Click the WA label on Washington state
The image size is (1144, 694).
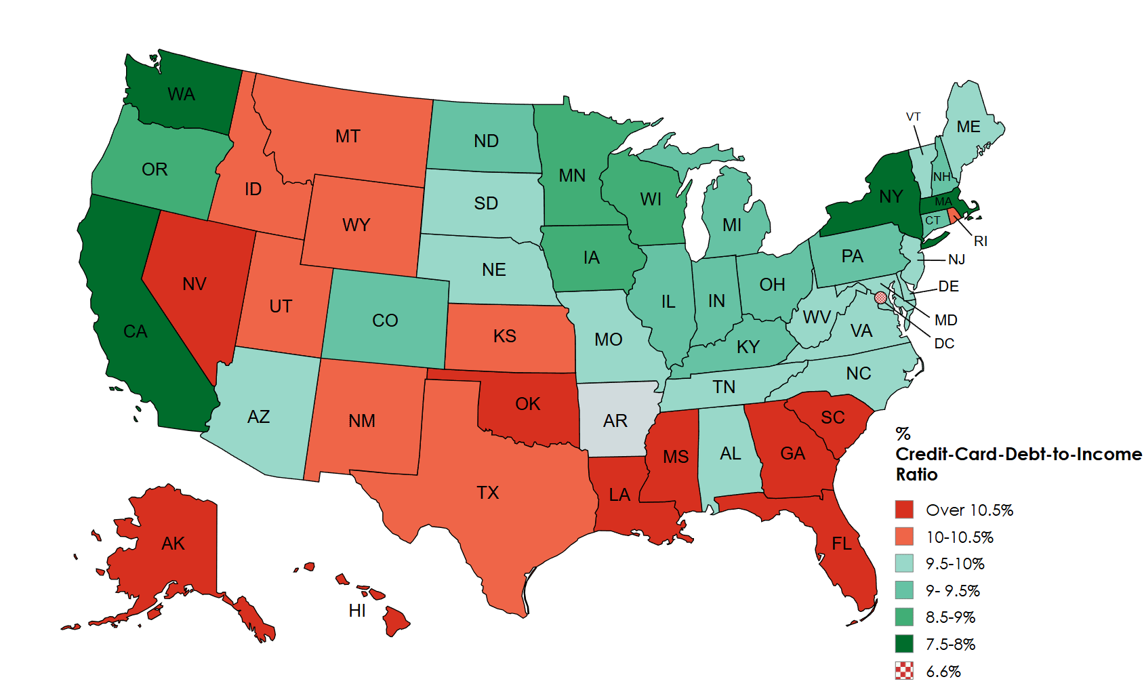[x=181, y=94]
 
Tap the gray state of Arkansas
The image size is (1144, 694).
[x=615, y=421]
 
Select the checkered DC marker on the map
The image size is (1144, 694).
[x=880, y=298]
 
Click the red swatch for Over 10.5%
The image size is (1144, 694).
[x=904, y=510]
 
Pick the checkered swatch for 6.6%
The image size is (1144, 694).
[x=904, y=671]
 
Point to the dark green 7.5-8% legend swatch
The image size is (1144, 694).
[x=904, y=644]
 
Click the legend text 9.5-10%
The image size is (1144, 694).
[x=955, y=564]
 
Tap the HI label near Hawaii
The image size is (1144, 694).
[x=357, y=611]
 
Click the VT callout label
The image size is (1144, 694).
[x=913, y=117]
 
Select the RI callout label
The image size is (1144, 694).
[x=980, y=241]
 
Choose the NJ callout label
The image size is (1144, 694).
[x=956, y=260]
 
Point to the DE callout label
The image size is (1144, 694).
[x=948, y=287]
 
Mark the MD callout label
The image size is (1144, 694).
[x=945, y=320]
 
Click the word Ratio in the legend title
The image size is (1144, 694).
[x=916, y=474]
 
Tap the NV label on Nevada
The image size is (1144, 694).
[x=195, y=284]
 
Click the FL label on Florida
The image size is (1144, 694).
[x=842, y=544]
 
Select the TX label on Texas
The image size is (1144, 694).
[x=487, y=493]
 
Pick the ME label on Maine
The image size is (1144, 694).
[x=968, y=127]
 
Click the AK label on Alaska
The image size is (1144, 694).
[x=173, y=544]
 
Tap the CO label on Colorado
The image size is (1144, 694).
[x=385, y=321]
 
